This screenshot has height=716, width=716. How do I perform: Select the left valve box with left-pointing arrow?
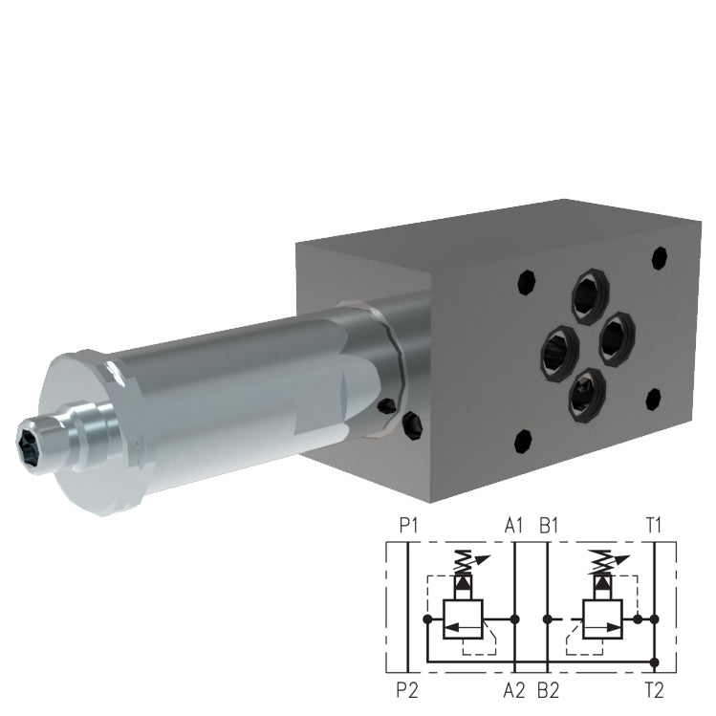point(463,619)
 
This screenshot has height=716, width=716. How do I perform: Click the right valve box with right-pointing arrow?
point(602,619)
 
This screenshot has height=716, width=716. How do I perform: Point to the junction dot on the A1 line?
point(516,619)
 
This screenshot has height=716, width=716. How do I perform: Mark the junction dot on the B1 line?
point(547,619)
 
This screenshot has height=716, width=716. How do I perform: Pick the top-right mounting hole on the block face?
point(658,257)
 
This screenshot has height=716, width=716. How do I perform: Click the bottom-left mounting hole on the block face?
point(522,441)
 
